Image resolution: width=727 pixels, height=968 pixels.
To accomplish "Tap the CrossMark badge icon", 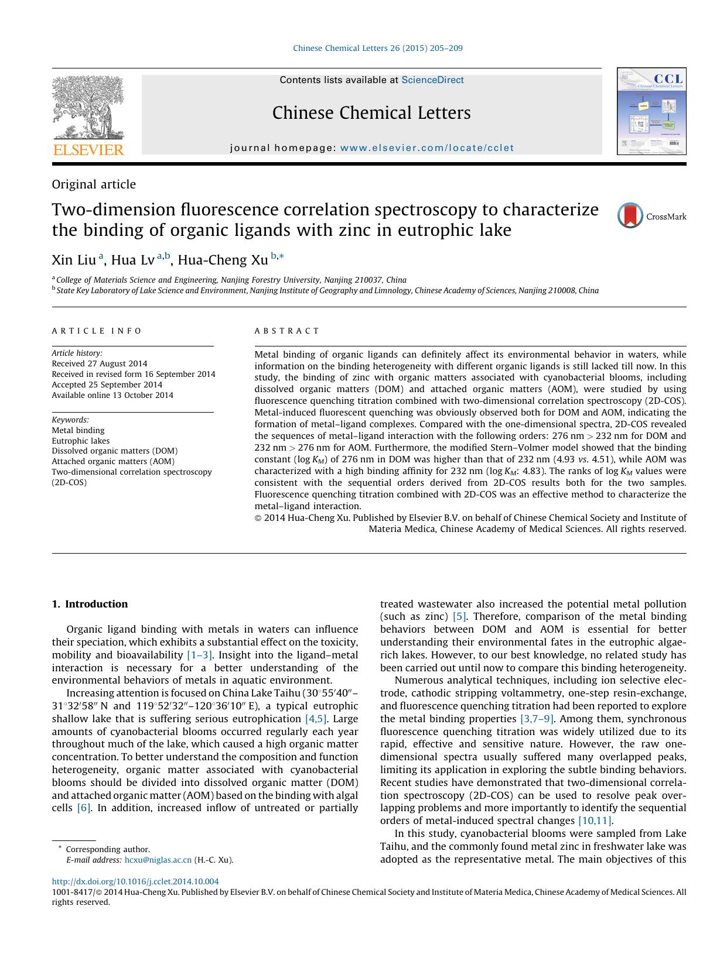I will (x=630, y=215).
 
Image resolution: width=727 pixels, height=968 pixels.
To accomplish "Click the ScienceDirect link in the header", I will (x=432, y=80).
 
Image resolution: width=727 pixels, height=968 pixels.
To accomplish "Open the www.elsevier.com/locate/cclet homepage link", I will (x=426, y=148).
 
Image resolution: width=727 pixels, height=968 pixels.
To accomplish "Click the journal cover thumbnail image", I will (x=651, y=111).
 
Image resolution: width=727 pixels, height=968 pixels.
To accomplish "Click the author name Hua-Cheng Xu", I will (x=223, y=259).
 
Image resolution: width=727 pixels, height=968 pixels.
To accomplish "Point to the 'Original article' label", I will (x=94, y=184).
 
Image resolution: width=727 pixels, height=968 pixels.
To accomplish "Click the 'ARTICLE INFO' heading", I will (x=97, y=331).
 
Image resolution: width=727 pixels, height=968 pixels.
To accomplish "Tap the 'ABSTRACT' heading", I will (x=287, y=331).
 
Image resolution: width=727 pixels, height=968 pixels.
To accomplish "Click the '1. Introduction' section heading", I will (x=90, y=604).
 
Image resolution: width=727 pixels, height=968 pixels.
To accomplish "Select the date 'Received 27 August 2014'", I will (x=99, y=363).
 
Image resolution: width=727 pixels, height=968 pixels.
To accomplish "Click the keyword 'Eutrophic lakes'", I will (x=80, y=441).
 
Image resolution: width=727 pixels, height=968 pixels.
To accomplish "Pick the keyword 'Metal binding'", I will (x=78, y=430).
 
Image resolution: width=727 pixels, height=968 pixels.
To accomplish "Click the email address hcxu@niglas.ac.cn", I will (x=158, y=860).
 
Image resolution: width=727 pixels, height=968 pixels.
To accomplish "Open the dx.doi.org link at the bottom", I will (x=135, y=881).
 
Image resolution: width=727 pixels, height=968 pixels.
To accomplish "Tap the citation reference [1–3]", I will (x=199, y=655).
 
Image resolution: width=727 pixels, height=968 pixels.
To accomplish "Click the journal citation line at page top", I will (x=377, y=48).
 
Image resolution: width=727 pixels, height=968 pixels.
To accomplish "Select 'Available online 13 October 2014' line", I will (x=112, y=395).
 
